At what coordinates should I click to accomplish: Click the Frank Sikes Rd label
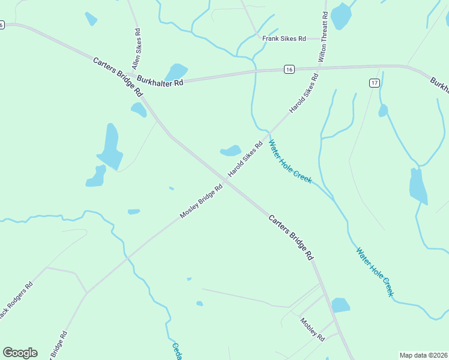coord(284,38)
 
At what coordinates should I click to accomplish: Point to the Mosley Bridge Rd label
coord(201,202)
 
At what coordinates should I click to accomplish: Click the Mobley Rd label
coord(312,329)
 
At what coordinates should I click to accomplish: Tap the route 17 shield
coord(374,82)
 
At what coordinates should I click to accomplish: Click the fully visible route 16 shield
coord(289,70)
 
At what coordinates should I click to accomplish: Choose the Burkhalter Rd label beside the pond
coord(160,80)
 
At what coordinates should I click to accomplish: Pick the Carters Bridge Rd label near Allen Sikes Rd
coord(118,77)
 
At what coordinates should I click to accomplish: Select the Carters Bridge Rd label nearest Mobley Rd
coord(291,237)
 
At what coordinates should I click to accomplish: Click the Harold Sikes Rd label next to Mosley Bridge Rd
coord(246,160)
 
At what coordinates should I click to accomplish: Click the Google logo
coord(20,352)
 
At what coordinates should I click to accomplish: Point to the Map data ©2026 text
coord(424,355)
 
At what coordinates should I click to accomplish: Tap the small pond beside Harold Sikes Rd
coord(231,150)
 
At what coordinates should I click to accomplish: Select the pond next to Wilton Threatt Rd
coord(341,16)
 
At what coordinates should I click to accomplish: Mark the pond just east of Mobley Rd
coord(340,305)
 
